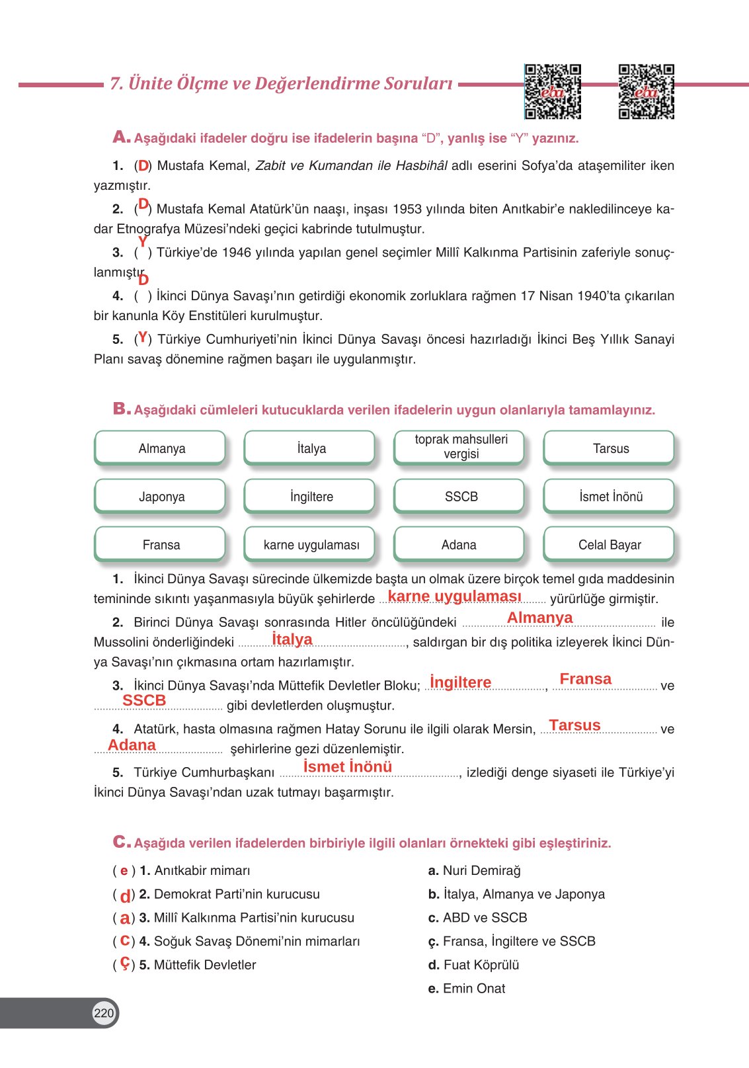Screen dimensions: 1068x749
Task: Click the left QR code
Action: [x=553, y=91]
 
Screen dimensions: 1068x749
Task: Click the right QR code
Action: [x=646, y=91]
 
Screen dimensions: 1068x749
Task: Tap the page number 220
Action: [x=104, y=1012]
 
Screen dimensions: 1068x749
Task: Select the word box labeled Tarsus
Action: [x=610, y=448]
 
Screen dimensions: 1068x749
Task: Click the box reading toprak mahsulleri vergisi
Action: [x=460, y=447]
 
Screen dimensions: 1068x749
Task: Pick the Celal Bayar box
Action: [x=610, y=545]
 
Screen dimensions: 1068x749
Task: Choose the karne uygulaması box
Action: [x=311, y=545]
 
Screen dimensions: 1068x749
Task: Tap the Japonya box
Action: [x=161, y=497]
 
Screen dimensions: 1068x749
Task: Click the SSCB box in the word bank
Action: [x=460, y=497]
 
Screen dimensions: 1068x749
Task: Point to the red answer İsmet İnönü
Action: [x=347, y=766]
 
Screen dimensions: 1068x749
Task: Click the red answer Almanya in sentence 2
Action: [x=539, y=618]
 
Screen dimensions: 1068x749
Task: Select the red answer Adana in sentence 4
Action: [x=132, y=745]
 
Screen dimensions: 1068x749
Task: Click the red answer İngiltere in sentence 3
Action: [x=460, y=682]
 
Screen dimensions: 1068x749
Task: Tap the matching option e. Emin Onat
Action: [x=467, y=988]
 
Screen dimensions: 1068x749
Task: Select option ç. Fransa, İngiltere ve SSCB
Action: [x=512, y=941]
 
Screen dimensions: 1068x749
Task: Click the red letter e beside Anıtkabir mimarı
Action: [x=124, y=871]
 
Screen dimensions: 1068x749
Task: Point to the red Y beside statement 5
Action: [x=142, y=338]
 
